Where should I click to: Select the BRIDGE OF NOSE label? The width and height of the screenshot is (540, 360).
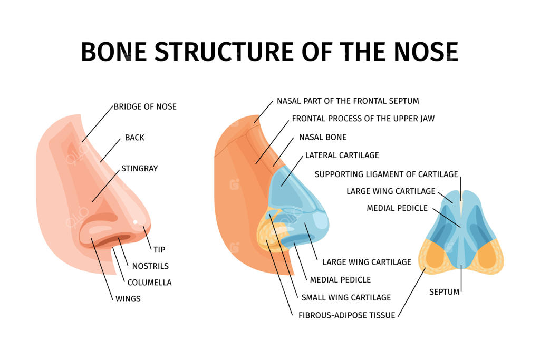(145, 106)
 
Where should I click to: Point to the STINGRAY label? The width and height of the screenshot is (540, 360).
(139, 169)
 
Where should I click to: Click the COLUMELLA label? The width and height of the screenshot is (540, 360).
(149, 283)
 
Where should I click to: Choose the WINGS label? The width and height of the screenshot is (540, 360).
(128, 299)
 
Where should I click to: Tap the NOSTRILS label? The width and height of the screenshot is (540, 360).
(150, 266)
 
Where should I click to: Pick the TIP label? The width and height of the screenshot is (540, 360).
(159, 249)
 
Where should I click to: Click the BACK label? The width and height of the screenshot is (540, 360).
(134, 138)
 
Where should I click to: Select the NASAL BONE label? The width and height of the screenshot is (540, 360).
(323, 137)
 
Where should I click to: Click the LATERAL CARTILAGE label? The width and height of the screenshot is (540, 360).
(342, 155)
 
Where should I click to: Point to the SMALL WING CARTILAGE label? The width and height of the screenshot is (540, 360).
(346, 297)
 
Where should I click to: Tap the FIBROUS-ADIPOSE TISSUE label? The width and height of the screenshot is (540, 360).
(346, 315)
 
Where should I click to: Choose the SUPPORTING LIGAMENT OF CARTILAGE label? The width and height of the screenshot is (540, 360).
(386, 174)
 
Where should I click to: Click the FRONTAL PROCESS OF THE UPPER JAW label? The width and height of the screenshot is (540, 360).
(363, 119)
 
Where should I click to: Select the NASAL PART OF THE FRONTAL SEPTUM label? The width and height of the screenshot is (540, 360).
(348, 101)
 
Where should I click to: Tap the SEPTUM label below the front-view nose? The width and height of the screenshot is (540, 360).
(444, 291)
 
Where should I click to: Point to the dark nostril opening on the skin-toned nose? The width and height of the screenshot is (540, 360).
(108, 241)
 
